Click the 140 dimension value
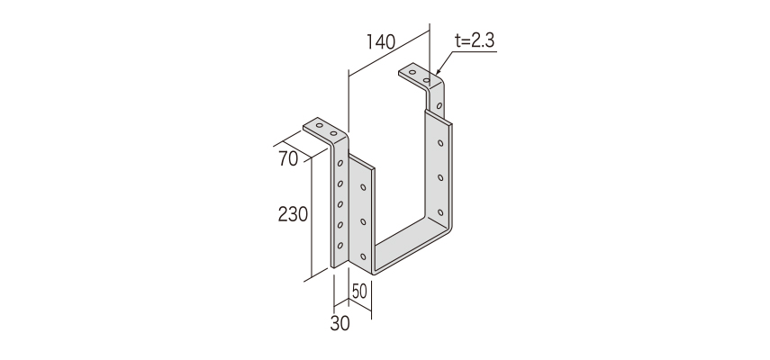(x=381, y=42)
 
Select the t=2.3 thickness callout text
(x=475, y=40)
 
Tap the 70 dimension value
(x=288, y=159)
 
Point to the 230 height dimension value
(x=294, y=214)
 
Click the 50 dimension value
(x=359, y=292)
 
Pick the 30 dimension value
(x=340, y=324)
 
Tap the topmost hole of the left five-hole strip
(x=340, y=163)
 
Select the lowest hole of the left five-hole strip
(x=340, y=245)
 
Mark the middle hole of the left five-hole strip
(x=340, y=204)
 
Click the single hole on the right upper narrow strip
(x=439, y=105)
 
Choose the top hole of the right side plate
(x=440, y=143)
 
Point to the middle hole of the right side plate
(x=440, y=177)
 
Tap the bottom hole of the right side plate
(x=440, y=212)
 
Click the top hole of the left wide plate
(x=364, y=187)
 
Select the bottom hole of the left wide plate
(x=364, y=256)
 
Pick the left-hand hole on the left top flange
(x=320, y=126)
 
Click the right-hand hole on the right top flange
(x=427, y=80)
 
